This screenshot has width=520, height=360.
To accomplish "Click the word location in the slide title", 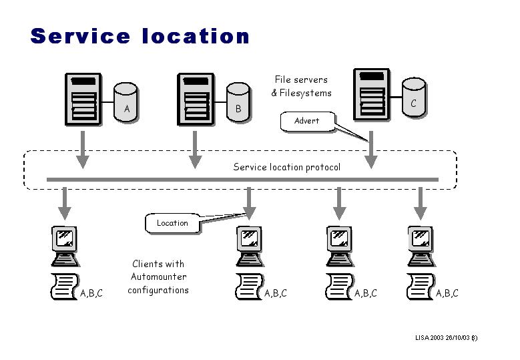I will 196,36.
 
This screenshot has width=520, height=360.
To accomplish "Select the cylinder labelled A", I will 126,102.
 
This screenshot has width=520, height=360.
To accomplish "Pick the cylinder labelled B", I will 238,102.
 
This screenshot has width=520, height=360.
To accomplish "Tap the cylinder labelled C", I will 414,98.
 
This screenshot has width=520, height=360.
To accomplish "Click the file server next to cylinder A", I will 82,100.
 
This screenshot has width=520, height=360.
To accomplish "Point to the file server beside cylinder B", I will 195,100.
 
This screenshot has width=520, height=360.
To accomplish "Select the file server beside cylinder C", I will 371,94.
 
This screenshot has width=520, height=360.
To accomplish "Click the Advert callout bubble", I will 306,121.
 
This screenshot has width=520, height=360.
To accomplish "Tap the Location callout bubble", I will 172,223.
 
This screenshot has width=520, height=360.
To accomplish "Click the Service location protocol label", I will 286,167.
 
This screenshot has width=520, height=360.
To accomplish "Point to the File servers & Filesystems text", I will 301,86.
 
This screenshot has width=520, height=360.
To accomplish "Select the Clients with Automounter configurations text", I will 158,277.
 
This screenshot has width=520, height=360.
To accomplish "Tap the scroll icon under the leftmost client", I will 65,287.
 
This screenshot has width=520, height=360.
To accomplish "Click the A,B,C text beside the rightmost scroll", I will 447,293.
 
